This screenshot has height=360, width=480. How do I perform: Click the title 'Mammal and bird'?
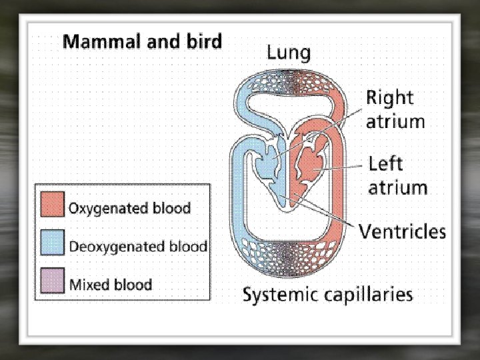(142, 42)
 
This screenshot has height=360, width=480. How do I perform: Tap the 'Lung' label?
(289, 52)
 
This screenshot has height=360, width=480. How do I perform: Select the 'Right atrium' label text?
(395, 109)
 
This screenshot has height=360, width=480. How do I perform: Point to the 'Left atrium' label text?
(397, 175)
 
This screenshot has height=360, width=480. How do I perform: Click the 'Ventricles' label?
(403, 232)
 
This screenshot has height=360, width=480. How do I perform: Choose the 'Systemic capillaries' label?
(327, 294)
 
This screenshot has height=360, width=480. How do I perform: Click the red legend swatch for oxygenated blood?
(53, 204)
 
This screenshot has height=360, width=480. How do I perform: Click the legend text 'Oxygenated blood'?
(130, 207)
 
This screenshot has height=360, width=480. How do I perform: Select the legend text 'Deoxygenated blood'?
(138, 245)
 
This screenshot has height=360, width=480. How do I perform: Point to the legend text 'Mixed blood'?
(111, 284)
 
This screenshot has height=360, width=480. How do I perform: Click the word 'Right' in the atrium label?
(390, 97)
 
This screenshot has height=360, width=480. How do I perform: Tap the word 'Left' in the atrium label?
(386, 163)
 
